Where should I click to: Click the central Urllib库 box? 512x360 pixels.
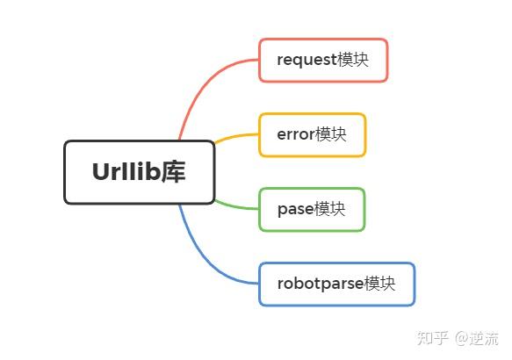pyautogui.click(x=139, y=172)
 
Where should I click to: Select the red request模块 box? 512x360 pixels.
pyautogui.click(x=323, y=60)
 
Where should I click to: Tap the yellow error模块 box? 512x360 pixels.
pyautogui.click(x=312, y=134)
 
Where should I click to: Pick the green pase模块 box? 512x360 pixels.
pyautogui.click(x=312, y=209)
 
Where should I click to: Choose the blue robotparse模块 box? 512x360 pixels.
pyautogui.click(x=336, y=284)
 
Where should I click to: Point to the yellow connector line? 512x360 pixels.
pyautogui.click(x=235, y=136)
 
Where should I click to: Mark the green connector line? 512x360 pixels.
pyautogui.click(x=235, y=206)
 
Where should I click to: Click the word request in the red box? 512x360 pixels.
pyautogui.click(x=307, y=61)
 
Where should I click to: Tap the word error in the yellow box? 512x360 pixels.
pyautogui.click(x=296, y=134)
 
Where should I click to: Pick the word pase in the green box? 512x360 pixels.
pyautogui.click(x=295, y=210)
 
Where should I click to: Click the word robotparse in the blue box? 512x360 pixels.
pyautogui.click(x=321, y=284)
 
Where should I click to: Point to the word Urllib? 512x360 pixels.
pyautogui.click(x=126, y=172)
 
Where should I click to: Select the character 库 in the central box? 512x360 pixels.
pyautogui.click(x=173, y=172)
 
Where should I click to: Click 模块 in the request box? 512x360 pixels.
pyautogui.click(x=353, y=60)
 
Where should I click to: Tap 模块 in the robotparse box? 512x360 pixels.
pyautogui.click(x=379, y=284)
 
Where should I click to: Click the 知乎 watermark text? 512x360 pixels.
pyautogui.click(x=432, y=338)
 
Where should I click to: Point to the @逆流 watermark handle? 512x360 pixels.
pyautogui.click(x=477, y=338)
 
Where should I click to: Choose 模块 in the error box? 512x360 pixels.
pyautogui.click(x=330, y=134)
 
